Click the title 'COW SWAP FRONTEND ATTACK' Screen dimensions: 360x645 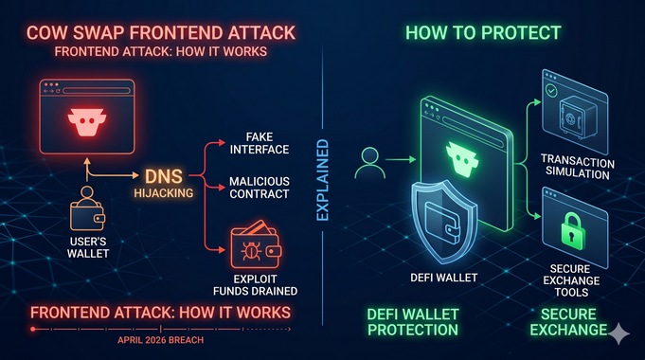[x=144, y=32]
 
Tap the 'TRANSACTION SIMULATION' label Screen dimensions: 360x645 [x=577, y=168]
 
